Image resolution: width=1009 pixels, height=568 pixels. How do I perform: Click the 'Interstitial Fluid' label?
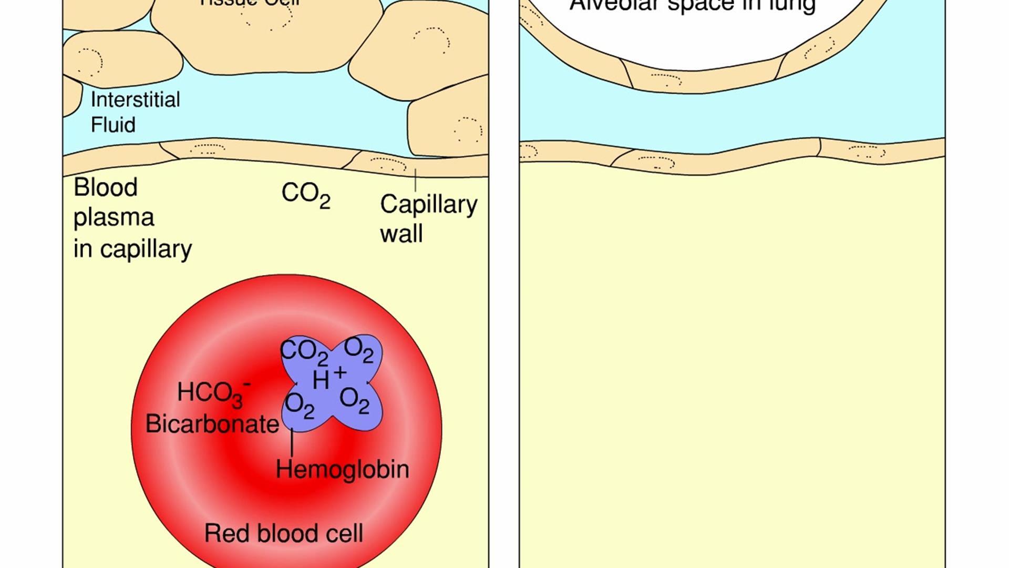[135, 111]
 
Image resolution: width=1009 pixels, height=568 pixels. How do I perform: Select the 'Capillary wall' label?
[428, 218]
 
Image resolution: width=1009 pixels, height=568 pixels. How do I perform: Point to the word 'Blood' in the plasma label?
[106, 187]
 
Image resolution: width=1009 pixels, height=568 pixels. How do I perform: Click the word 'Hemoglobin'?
[342, 469]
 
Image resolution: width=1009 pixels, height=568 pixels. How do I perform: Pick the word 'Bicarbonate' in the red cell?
[212, 424]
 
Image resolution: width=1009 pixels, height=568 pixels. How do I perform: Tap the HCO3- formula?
[213, 393]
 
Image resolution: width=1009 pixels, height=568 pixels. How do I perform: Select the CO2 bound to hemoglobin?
[304, 351]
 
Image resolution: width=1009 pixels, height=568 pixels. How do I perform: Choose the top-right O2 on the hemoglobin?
[359, 349]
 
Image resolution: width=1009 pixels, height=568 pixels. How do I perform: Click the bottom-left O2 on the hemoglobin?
[300, 405]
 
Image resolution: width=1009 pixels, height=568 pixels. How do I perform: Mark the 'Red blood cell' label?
[283, 533]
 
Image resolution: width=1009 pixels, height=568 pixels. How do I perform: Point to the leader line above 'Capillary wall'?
[415, 179]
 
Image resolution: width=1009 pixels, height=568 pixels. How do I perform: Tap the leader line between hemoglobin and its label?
[292, 442]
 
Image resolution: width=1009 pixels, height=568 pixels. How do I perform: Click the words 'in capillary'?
[132, 249]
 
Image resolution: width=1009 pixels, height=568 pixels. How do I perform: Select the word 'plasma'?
[114, 217]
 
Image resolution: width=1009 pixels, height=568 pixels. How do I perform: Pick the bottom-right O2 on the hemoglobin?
[355, 400]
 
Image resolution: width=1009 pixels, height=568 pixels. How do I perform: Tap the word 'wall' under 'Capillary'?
[401, 234]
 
